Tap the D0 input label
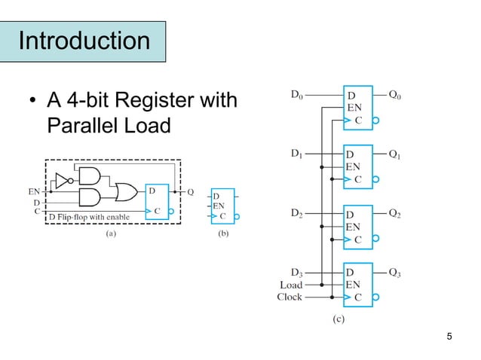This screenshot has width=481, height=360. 299,96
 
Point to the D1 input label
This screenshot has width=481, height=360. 299,154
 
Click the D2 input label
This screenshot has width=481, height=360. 299,212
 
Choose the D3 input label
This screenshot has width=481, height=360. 299,271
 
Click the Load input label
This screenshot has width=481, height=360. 291,285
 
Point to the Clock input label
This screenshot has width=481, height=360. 290,297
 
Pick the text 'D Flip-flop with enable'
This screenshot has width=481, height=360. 89,218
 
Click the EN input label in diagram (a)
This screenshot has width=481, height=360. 35,191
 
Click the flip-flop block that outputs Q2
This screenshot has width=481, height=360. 358,226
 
